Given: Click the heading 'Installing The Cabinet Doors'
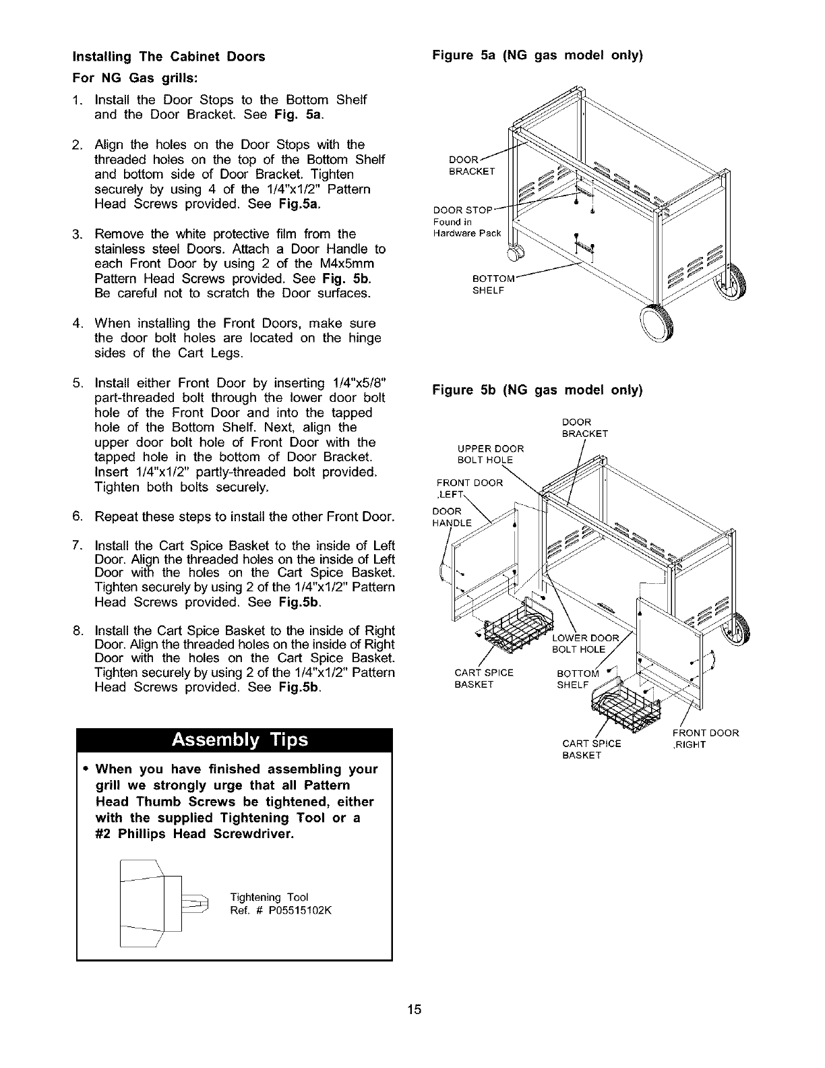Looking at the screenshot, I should pos(169,57).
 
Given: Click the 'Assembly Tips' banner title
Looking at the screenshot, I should pos(240,740).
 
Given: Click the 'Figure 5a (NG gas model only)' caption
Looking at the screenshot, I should pos(537,57).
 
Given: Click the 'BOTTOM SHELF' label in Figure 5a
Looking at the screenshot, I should pos(493,285).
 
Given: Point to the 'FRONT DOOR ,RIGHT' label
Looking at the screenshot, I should pos(705,738).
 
